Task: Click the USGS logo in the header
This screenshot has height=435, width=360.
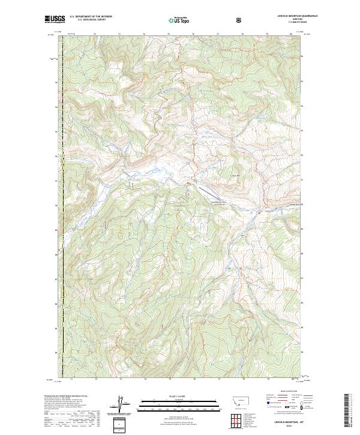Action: pyautogui.click(x=55, y=19)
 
